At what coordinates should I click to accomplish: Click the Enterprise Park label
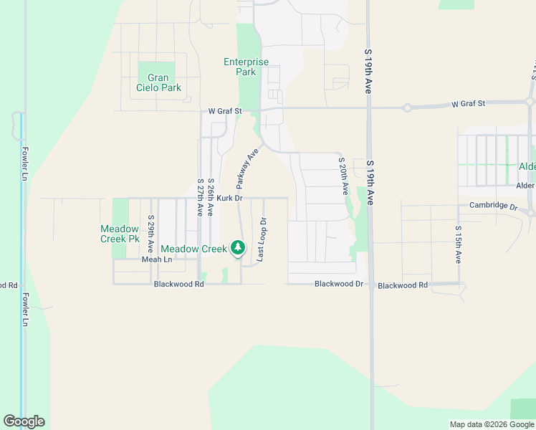pos(246,67)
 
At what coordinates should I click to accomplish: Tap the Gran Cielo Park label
pos(158,82)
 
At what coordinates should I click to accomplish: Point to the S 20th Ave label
pos(343,176)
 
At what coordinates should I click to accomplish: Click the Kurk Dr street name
pos(230,198)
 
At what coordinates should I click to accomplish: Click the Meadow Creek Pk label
pos(120,234)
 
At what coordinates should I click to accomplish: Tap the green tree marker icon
pos(238,249)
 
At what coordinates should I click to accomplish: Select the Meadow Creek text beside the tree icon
pos(193,249)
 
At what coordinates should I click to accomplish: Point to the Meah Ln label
pos(157,259)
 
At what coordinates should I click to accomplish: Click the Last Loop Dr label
pos(262,239)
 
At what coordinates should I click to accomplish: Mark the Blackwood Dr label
pos(340,285)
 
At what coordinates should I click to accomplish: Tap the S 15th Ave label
pos(458,244)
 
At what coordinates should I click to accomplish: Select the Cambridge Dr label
pos(493,206)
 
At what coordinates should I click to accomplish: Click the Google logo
pos(24,421)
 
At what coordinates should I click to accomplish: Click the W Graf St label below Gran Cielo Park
pos(225,111)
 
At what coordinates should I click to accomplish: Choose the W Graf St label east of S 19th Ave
pos(468,104)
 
